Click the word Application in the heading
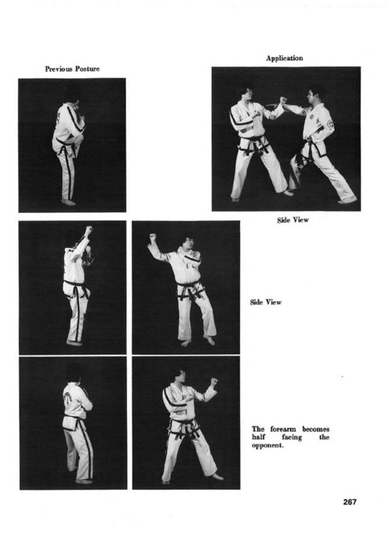click(x=284, y=58)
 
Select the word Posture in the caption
click(x=87, y=69)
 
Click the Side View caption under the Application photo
click(x=293, y=220)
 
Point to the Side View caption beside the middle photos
click(x=266, y=302)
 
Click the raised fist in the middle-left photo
click(x=89, y=230)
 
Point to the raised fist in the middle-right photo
click(x=152, y=238)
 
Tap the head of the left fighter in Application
click(x=245, y=93)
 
